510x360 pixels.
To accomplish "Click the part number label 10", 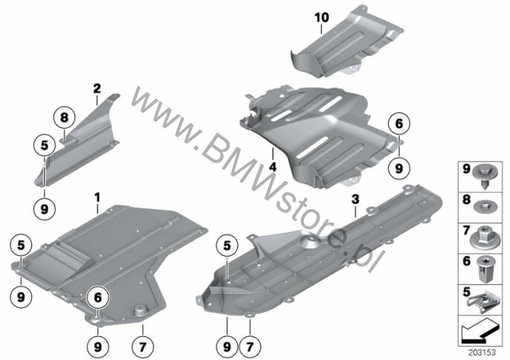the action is coord(322,17).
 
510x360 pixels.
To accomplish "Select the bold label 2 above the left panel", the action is coord(97,89).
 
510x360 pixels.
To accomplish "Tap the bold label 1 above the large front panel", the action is coord(97,197).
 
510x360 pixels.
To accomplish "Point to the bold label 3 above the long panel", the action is coord(355,199).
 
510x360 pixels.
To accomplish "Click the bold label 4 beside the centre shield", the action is coord(273,167).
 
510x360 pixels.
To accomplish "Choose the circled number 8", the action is coord(64,118).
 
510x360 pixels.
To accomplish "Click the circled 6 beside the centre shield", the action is coord(399,123).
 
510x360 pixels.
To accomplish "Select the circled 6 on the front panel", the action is coord(98,298).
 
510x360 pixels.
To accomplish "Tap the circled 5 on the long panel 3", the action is coord(227,245).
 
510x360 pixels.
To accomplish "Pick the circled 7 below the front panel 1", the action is coord(143,347).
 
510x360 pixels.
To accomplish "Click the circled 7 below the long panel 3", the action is coord(250,347).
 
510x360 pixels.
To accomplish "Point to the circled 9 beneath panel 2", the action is coord(45,209).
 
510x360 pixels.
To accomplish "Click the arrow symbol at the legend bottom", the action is coord(480,331).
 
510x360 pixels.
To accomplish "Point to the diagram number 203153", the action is coord(482,353).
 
